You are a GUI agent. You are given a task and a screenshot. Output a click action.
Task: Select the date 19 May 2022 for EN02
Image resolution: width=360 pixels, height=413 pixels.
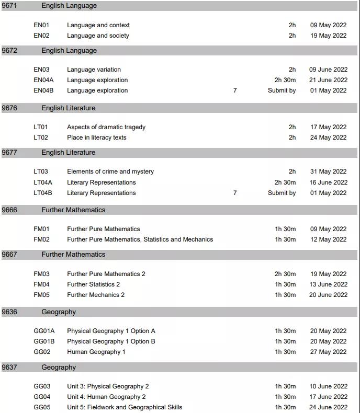click(328, 36)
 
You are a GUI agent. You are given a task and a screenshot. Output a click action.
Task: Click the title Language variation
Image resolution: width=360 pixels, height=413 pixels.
click(94, 70)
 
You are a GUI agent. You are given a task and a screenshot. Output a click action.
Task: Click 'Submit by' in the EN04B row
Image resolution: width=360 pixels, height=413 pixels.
click(282, 90)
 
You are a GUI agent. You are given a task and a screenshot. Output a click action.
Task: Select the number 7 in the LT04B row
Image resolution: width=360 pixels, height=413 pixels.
click(235, 193)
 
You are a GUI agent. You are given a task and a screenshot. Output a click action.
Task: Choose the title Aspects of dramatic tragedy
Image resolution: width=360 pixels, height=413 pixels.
click(106, 127)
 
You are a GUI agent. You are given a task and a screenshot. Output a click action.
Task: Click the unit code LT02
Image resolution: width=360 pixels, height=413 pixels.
click(41, 137)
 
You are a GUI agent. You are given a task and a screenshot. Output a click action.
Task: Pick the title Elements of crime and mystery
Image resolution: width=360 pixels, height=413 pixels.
click(110, 171)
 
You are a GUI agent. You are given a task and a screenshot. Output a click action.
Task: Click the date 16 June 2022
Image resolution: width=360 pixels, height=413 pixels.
click(328, 182)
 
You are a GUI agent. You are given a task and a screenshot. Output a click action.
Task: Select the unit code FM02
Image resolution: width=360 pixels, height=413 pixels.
click(41, 239)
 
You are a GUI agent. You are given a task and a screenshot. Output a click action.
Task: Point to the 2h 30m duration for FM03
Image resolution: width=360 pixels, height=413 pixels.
click(285, 274)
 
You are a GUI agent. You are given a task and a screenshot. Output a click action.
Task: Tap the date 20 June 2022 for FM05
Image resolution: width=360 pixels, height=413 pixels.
click(328, 295)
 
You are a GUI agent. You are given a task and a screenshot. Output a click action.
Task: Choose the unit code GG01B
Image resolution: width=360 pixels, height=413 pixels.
click(44, 341)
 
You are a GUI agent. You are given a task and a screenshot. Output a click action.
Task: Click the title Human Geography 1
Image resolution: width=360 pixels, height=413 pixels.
click(96, 352)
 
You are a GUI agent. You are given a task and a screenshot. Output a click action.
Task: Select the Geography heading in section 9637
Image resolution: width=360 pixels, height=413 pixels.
click(59, 368)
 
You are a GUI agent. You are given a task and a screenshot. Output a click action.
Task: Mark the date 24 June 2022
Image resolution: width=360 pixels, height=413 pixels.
click(328, 407)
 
